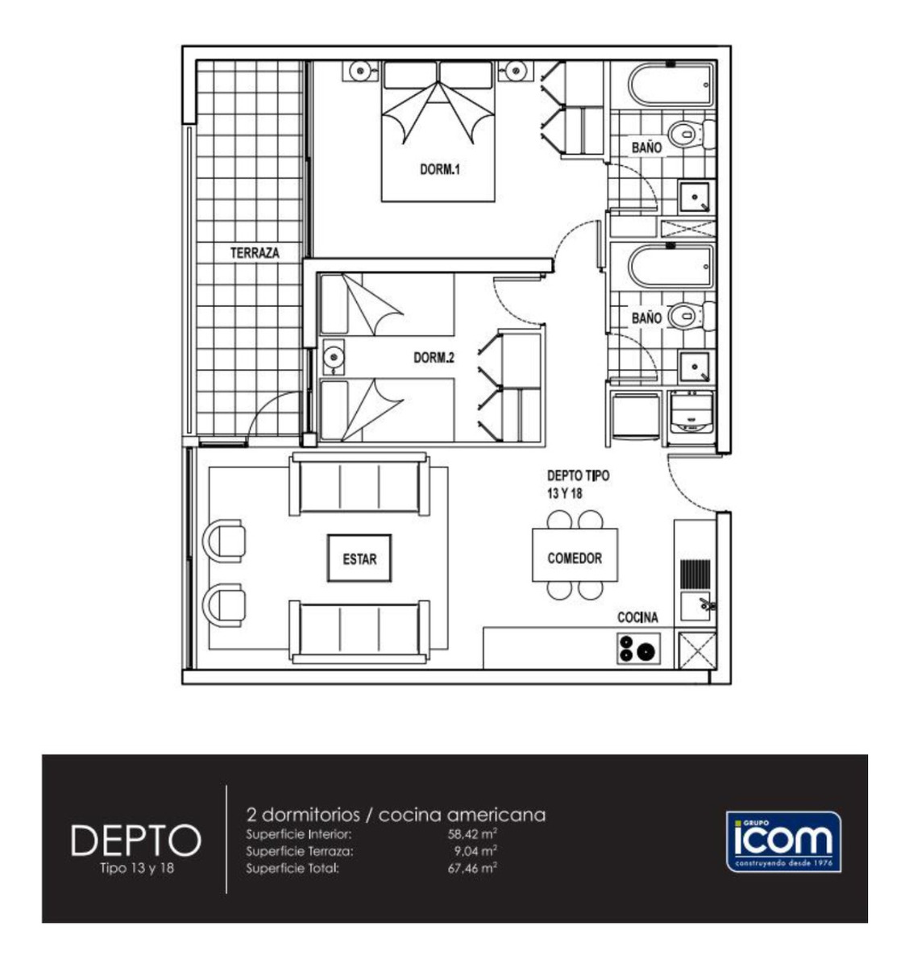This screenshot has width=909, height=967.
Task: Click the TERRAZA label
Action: [x=255, y=252]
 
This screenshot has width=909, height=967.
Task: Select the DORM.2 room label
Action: [x=434, y=358]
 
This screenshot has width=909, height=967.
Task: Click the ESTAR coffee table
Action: [x=359, y=558]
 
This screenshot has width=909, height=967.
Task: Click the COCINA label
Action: [x=637, y=617]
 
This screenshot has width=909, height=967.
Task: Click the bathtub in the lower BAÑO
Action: [x=671, y=267]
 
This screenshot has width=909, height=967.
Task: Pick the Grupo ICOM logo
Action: [x=784, y=841]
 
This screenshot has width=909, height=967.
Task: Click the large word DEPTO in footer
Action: [x=135, y=840]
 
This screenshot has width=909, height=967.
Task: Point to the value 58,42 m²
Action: [x=472, y=836]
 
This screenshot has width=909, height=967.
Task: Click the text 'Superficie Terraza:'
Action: [x=299, y=852]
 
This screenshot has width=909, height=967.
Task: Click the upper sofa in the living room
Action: [x=359, y=483]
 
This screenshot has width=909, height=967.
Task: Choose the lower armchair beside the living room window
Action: [x=225, y=605]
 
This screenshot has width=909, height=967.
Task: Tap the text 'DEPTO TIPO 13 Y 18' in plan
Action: [x=577, y=485]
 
